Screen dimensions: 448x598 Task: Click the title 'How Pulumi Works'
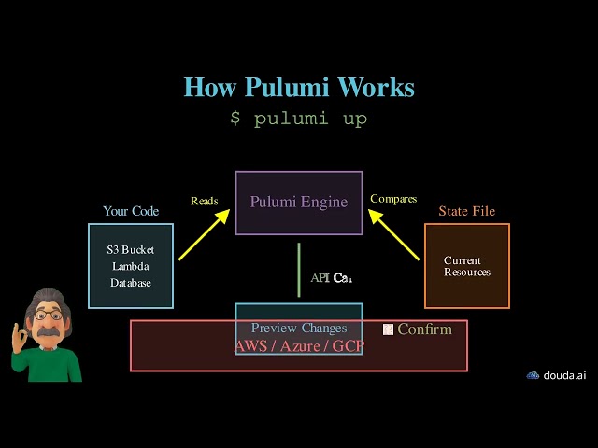tap(299, 88)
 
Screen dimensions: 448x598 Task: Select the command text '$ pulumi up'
tap(299, 119)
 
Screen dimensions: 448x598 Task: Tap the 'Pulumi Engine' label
tap(299, 202)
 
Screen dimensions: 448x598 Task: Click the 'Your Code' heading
tap(131, 211)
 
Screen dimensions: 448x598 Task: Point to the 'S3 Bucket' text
tap(131, 250)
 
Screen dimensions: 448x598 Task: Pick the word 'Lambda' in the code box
tap(131, 266)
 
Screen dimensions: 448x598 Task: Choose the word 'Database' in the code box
tap(131, 282)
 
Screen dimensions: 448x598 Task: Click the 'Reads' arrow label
tap(205, 201)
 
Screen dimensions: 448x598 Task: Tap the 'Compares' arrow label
tap(393, 199)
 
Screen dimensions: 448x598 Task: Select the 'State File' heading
tap(467, 211)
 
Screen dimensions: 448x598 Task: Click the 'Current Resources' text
tap(467, 266)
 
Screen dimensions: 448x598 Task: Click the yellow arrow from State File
tap(393, 234)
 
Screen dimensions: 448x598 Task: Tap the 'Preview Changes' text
tap(299, 328)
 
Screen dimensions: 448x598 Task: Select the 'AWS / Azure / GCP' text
tap(299, 345)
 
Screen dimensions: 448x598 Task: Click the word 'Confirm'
tap(424, 329)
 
